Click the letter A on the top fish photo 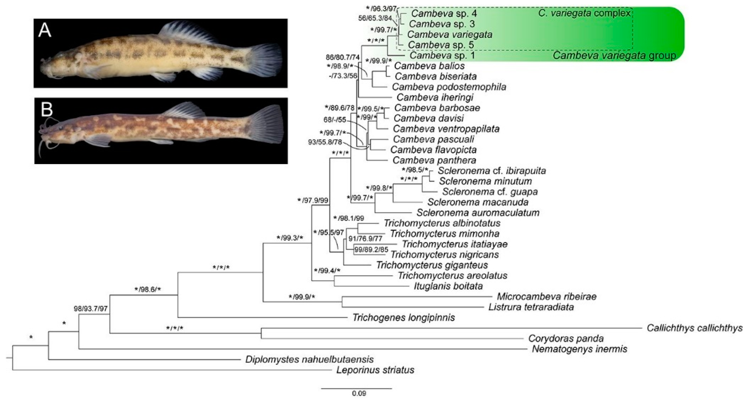45,30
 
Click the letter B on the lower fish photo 47,109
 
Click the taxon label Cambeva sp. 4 444,13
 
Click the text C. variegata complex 584,13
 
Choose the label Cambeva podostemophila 449,87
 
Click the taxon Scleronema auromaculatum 478,212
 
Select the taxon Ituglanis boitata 448,286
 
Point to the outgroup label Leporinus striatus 375,370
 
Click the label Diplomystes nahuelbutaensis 309,360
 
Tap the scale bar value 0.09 359,393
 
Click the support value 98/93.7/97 91,309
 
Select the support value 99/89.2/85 371,250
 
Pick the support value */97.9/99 313,200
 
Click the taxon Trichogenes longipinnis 403,318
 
